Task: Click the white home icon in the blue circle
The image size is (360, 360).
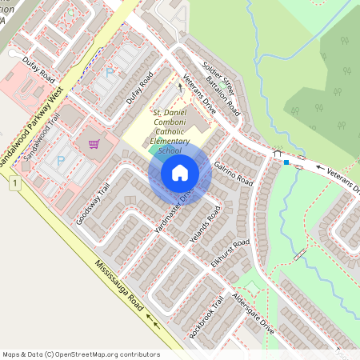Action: click(180, 173)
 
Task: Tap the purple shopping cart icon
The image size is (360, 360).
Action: click(94, 145)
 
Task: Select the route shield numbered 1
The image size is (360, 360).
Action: click(14, 185)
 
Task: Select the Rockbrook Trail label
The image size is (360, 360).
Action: click(206, 317)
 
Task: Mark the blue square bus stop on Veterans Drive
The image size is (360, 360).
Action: click(286, 162)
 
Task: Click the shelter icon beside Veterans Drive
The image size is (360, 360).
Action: click(277, 154)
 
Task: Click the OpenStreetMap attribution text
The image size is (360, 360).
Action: click(81, 354)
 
